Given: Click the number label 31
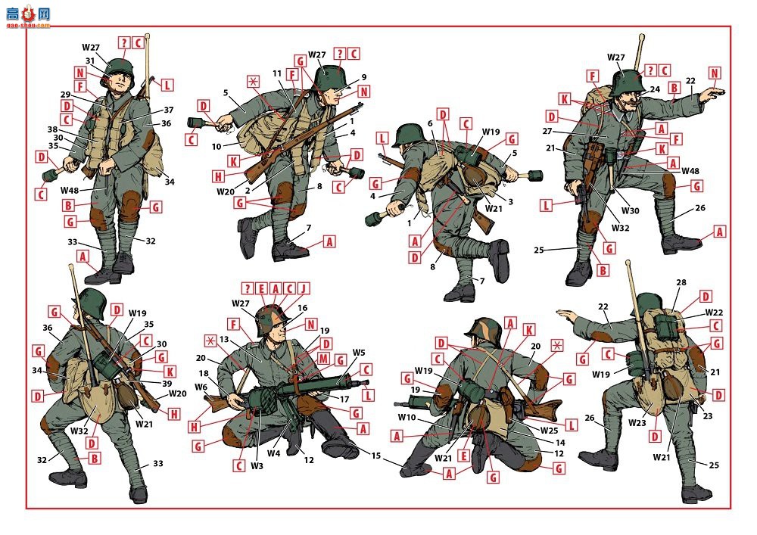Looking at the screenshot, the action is (90, 61).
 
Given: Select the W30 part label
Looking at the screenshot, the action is (630, 210).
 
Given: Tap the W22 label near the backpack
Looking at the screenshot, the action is (714, 312).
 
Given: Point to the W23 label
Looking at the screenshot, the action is (637, 423).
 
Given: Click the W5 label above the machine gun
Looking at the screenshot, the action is (359, 353).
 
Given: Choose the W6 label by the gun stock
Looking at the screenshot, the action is (201, 387).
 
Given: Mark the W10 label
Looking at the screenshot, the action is (407, 417).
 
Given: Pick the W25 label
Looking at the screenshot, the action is (550, 431).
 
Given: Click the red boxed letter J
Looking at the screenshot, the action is (303, 288).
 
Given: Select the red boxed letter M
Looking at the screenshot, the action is (323, 359).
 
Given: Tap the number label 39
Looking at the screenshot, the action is (167, 384).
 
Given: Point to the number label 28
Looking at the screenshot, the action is (681, 282).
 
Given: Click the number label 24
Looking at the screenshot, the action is (655, 89).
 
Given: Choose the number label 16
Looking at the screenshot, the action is (302, 308).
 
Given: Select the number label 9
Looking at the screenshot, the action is (364, 76).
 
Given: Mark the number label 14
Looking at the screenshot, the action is (560, 443).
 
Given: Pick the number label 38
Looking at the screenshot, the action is (53, 129).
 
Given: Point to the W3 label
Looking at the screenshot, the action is (257, 466).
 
